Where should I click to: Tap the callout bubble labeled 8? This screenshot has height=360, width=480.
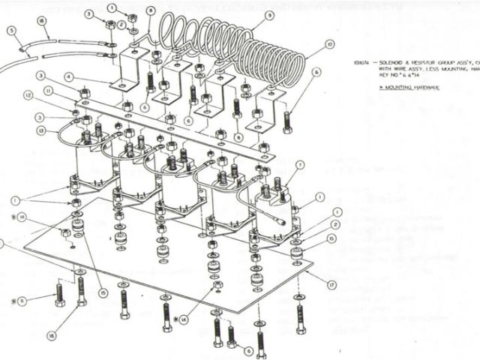[x=151, y=11]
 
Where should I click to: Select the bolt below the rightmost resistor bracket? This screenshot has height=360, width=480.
[x=287, y=120]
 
